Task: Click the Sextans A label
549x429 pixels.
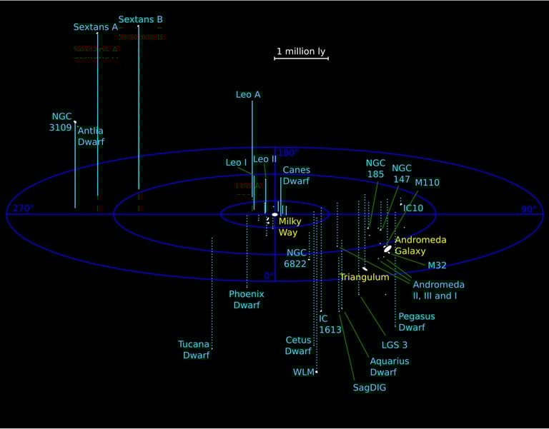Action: (x=95, y=27)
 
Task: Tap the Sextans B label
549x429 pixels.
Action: (x=141, y=19)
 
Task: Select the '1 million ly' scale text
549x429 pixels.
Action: (x=301, y=51)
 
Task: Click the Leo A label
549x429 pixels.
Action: (x=248, y=94)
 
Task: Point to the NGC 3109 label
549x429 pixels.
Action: (x=62, y=121)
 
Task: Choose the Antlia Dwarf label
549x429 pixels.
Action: (x=91, y=136)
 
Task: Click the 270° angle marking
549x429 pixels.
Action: (x=23, y=209)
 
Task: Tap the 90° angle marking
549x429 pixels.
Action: (x=528, y=209)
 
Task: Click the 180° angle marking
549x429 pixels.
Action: (x=288, y=153)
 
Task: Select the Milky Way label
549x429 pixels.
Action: (x=288, y=227)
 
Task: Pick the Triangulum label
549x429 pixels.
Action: (x=364, y=277)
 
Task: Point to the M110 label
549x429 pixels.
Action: (x=427, y=183)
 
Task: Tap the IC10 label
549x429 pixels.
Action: (x=414, y=208)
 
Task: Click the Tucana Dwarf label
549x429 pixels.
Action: (x=194, y=349)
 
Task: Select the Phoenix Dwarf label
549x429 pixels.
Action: (x=247, y=299)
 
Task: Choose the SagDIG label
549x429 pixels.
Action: (x=370, y=388)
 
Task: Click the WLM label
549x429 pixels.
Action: (x=303, y=372)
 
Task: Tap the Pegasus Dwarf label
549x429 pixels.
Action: (x=416, y=322)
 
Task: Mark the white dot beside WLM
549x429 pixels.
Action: (x=317, y=372)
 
